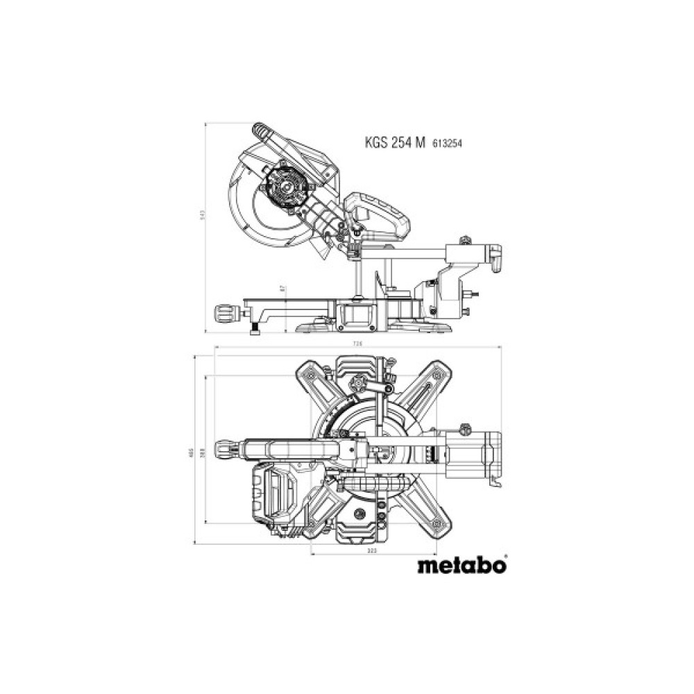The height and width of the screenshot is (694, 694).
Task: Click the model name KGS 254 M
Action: [396, 143]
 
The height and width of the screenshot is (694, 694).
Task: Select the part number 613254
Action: [448, 144]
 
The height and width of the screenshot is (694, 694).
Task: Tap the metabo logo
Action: [462, 565]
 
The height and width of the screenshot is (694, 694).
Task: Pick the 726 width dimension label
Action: [357, 344]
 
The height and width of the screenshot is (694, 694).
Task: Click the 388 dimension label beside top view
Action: [202, 452]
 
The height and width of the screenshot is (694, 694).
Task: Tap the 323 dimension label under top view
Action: [371, 550]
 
